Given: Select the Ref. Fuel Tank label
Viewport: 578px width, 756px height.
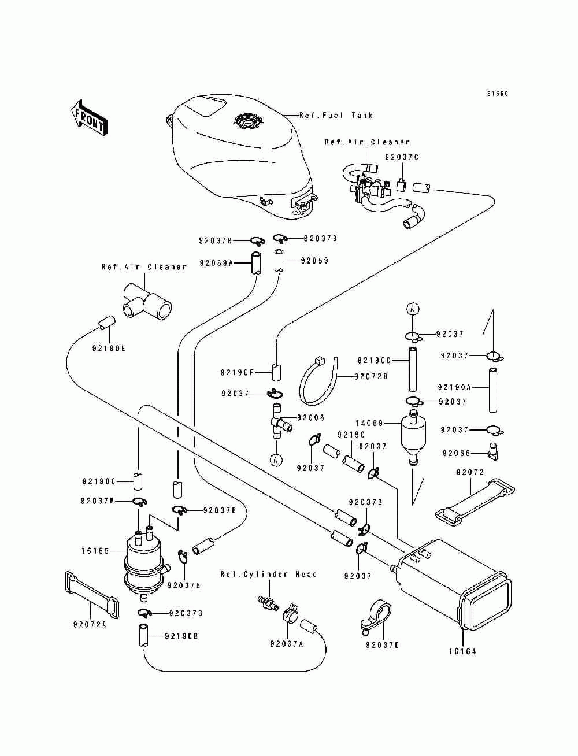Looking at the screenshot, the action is click(x=336, y=116).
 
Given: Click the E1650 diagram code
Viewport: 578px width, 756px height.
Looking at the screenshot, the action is click(x=498, y=94).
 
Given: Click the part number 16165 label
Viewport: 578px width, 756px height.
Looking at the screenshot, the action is click(x=95, y=551).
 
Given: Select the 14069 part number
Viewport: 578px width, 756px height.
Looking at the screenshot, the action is click(x=369, y=423).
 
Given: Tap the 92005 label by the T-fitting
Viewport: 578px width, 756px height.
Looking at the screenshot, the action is click(x=311, y=417).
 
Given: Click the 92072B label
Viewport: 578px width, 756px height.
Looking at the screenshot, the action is click(x=371, y=377).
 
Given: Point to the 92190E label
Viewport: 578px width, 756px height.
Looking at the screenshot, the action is click(x=109, y=349).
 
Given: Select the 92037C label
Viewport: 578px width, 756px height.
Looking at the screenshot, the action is click(x=402, y=157).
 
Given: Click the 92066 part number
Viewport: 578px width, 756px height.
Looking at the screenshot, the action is click(x=457, y=453).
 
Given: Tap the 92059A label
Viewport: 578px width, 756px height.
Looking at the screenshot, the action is click(x=216, y=263).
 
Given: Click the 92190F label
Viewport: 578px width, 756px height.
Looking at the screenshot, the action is click(x=238, y=373).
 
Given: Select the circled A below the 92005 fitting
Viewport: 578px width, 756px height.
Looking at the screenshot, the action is click(x=276, y=459).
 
